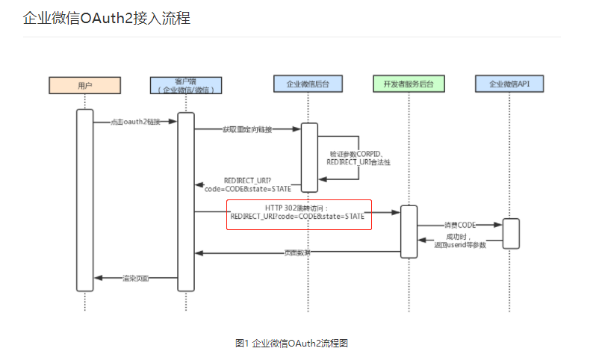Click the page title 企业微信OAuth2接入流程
tap(107, 18)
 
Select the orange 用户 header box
tap(84, 85)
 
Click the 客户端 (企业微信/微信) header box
tap(186, 85)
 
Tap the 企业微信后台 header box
tap(308, 85)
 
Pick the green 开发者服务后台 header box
tap(409, 85)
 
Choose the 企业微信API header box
tap(510, 85)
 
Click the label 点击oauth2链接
tap(135, 122)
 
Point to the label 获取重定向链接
tap(247, 129)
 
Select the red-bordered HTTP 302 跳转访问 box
tap(299, 214)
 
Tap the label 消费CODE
tap(460, 225)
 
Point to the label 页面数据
tap(297, 252)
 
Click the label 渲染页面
tap(135, 278)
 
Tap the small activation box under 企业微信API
tap(511, 233)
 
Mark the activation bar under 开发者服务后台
tap(409, 231)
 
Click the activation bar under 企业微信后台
tap(309, 158)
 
